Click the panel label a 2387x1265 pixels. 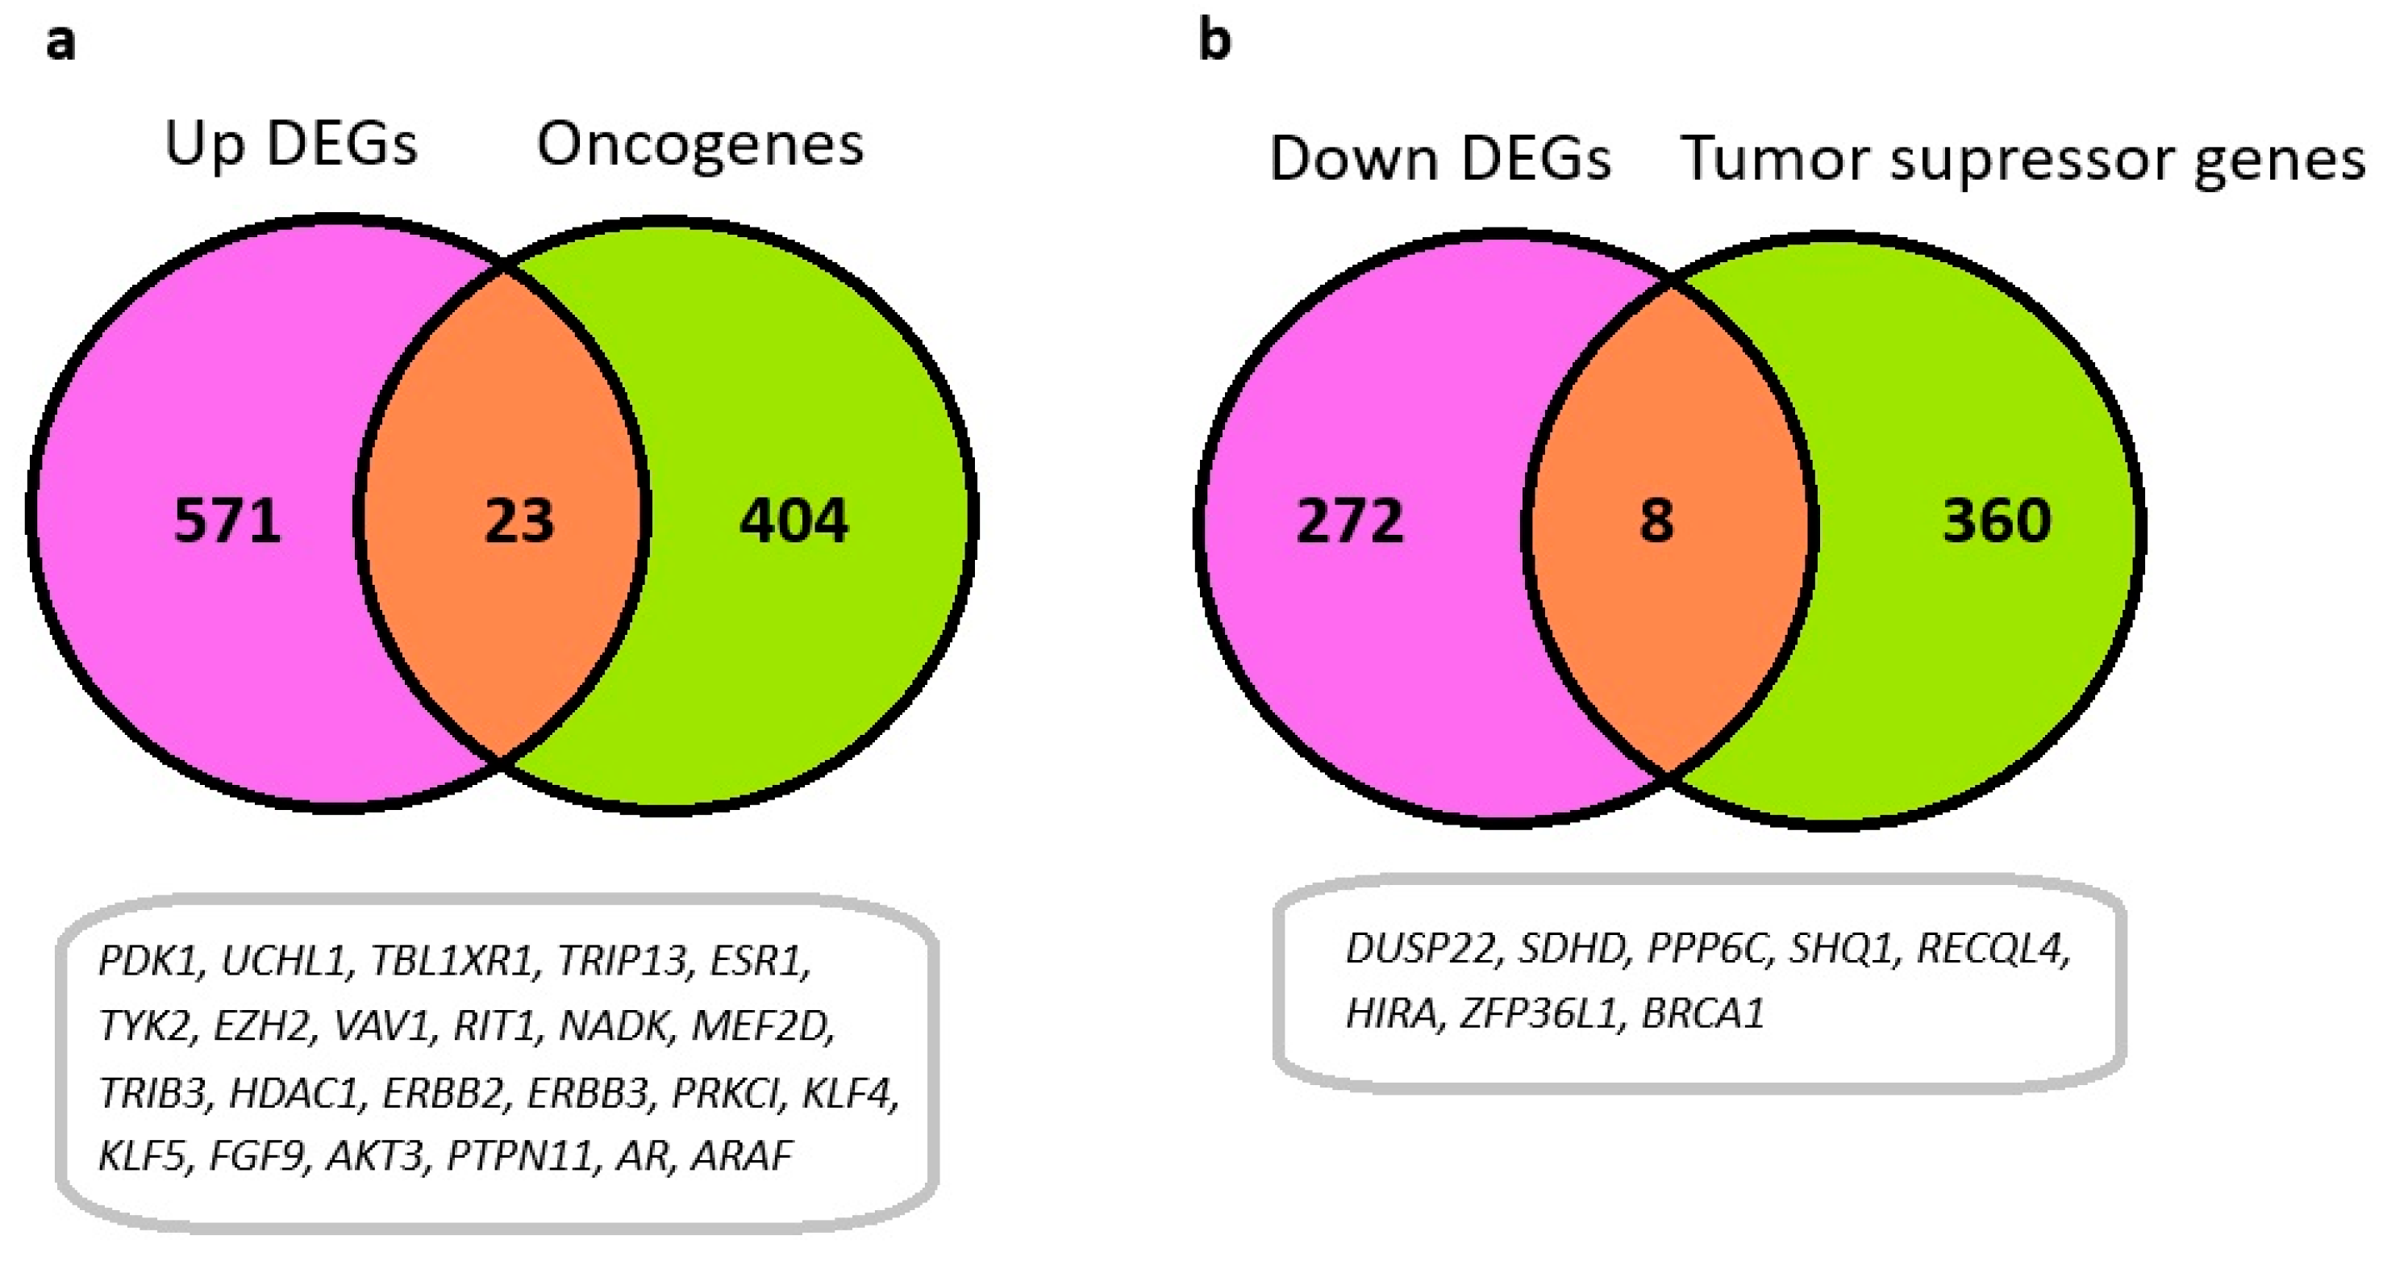60,42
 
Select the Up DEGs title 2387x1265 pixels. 291,146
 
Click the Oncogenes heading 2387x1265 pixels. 700,146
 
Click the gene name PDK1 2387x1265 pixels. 148,961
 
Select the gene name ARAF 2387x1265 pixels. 742,1155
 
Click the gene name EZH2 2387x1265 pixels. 262,1026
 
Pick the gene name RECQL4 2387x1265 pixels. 1992,948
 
